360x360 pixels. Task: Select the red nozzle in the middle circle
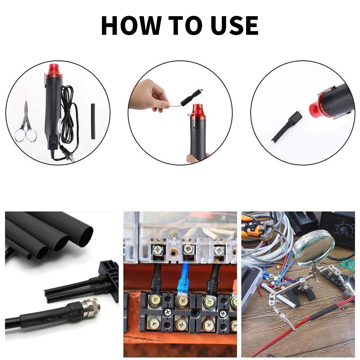198,111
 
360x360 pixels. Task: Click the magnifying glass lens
314,247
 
